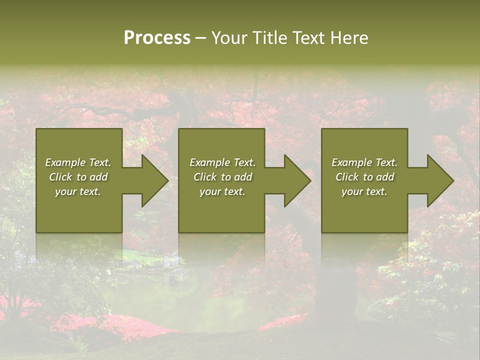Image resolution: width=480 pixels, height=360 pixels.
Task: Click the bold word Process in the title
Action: pyautogui.click(x=157, y=38)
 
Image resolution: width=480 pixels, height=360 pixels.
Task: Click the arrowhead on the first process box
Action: pyautogui.click(x=152, y=180)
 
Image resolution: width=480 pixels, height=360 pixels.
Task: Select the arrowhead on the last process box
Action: pyautogui.click(x=438, y=180)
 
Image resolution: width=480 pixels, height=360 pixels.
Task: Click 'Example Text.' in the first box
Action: pyautogui.click(x=78, y=162)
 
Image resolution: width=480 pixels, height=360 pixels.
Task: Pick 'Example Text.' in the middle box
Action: pyautogui.click(x=222, y=162)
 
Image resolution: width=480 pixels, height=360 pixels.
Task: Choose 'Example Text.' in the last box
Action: pyautogui.click(x=364, y=162)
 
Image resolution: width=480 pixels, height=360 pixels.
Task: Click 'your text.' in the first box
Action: pyautogui.click(x=78, y=191)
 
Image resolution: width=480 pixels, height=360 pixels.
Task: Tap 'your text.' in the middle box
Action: pyautogui.click(x=222, y=191)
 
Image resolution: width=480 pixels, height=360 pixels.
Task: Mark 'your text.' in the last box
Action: pyautogui.click(x=364, y=191)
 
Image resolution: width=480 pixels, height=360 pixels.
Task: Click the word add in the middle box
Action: pyautogui.click(x=242, y=177)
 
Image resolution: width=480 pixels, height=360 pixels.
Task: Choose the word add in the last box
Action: pyautogui.click(x=384, y=177)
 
